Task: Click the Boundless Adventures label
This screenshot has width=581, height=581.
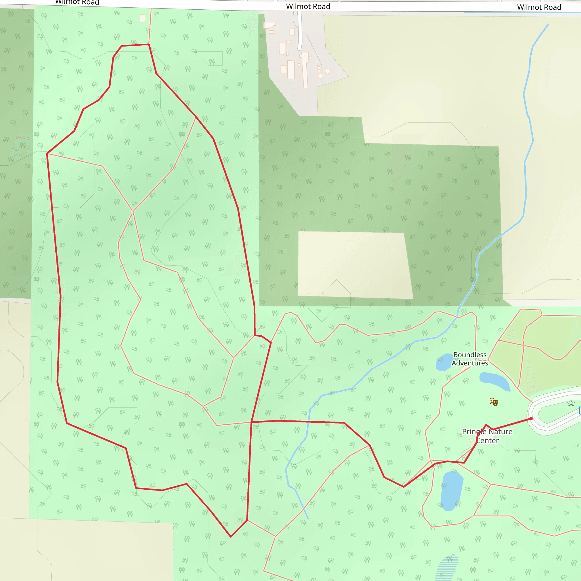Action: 470,359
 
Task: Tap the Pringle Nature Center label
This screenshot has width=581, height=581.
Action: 487,436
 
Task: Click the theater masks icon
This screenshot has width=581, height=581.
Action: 494,402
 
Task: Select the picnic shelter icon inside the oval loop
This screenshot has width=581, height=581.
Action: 571,406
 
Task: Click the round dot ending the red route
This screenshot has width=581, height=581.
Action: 531,419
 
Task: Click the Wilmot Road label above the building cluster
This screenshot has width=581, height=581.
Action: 308,6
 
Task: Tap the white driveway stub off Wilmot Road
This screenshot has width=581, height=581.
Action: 300,30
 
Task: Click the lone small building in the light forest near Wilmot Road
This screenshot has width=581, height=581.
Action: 142,18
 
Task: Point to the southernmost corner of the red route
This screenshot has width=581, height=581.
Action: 231,536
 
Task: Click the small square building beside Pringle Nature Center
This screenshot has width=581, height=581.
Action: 471,440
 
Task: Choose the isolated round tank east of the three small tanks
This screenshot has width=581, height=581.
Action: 327,71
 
